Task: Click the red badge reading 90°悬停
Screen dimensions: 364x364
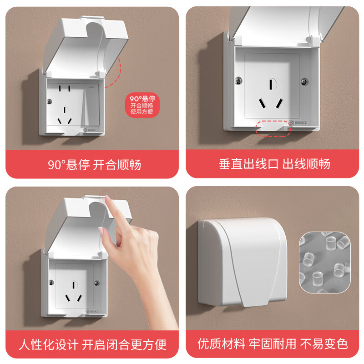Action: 142,105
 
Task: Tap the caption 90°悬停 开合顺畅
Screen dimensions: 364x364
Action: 94,164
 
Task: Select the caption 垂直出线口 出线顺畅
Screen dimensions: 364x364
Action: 274,164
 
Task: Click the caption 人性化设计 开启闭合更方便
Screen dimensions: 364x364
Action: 92,344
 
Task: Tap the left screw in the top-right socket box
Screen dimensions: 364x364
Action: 238,81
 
